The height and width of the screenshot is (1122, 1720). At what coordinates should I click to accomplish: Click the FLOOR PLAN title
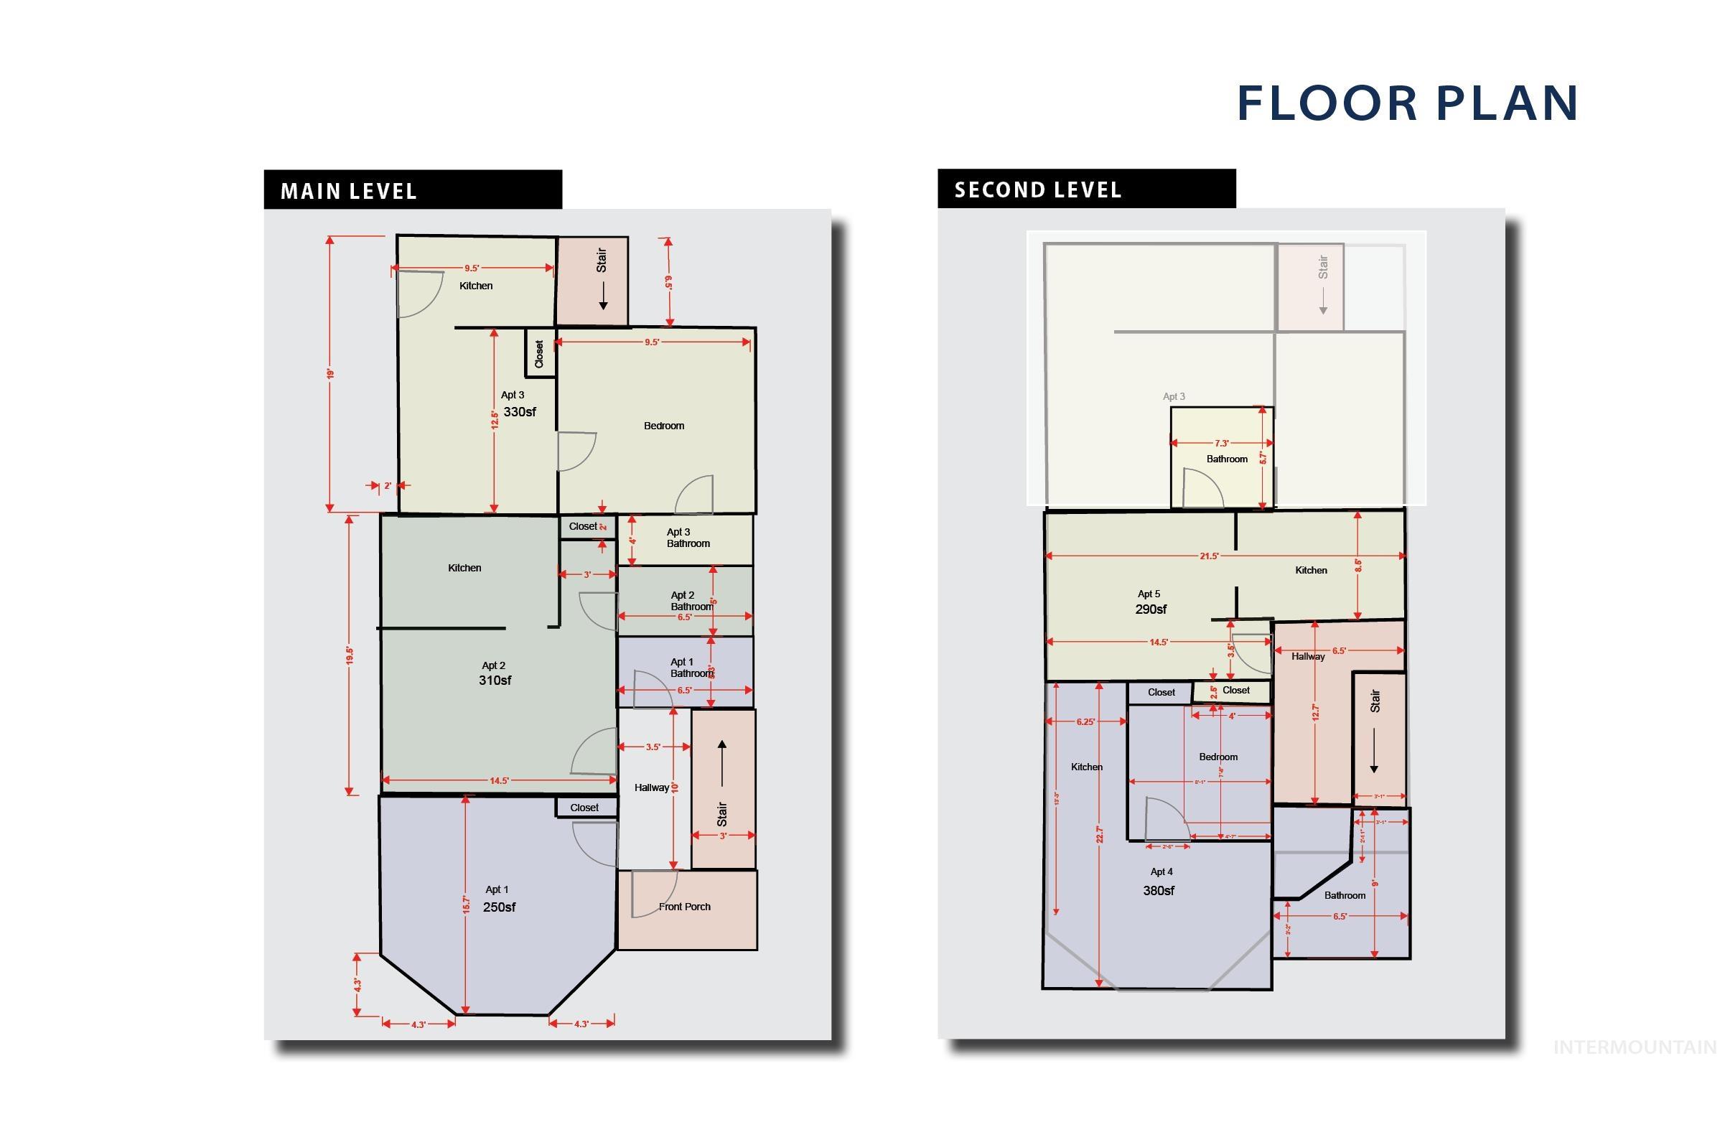1407,103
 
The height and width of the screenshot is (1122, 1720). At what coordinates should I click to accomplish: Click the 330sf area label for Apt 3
520,412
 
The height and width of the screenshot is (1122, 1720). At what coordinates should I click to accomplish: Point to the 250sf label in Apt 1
499,907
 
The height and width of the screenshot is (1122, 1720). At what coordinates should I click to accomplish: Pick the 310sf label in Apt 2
495,680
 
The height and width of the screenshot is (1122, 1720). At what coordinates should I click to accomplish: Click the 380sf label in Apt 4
1159,891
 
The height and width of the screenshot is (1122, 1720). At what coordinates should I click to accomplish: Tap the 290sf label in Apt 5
1151,609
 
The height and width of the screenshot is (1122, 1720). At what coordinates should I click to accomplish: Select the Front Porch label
684,907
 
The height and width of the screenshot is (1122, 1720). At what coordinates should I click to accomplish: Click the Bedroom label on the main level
663,426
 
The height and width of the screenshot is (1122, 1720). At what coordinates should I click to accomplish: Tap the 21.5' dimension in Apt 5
1209,556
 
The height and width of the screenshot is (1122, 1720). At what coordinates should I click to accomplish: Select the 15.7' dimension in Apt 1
466,904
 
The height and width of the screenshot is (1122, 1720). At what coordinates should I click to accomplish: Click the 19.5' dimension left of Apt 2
350,655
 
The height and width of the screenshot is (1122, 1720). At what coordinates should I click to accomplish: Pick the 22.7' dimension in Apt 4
1099,834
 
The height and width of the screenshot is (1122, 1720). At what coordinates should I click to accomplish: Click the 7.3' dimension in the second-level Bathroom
1221,443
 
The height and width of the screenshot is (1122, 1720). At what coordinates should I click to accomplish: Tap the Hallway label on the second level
1308,656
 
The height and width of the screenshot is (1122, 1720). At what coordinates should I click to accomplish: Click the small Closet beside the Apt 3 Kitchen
539,354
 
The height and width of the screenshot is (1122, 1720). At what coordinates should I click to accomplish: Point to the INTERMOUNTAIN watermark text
1635,1047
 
